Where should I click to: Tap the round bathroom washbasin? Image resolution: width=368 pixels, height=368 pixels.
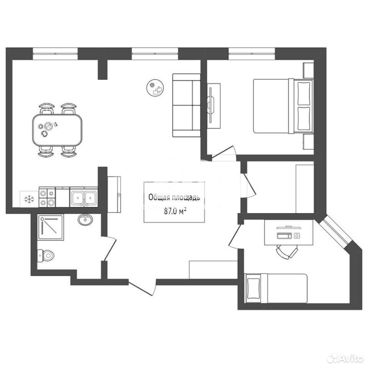point(85,220)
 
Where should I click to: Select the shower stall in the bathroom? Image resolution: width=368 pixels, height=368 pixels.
point(51,227)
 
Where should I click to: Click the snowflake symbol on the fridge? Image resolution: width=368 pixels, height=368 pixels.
point(30,199)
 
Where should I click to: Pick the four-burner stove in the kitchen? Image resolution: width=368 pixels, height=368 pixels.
point(47,197)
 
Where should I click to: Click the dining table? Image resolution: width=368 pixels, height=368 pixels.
point(57,130)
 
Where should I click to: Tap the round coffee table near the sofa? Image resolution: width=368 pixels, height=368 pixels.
point(155,87)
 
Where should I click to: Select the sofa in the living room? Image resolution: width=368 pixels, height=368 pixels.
point(186,105)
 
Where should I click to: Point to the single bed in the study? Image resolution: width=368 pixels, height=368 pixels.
point(276,288)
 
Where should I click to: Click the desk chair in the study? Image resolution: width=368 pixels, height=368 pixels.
point(287,251)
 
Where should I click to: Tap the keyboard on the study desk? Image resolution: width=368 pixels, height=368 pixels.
point(284,235)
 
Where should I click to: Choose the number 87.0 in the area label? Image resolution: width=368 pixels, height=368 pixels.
point(170,212)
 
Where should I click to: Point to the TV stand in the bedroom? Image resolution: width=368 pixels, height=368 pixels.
point(214,106)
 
